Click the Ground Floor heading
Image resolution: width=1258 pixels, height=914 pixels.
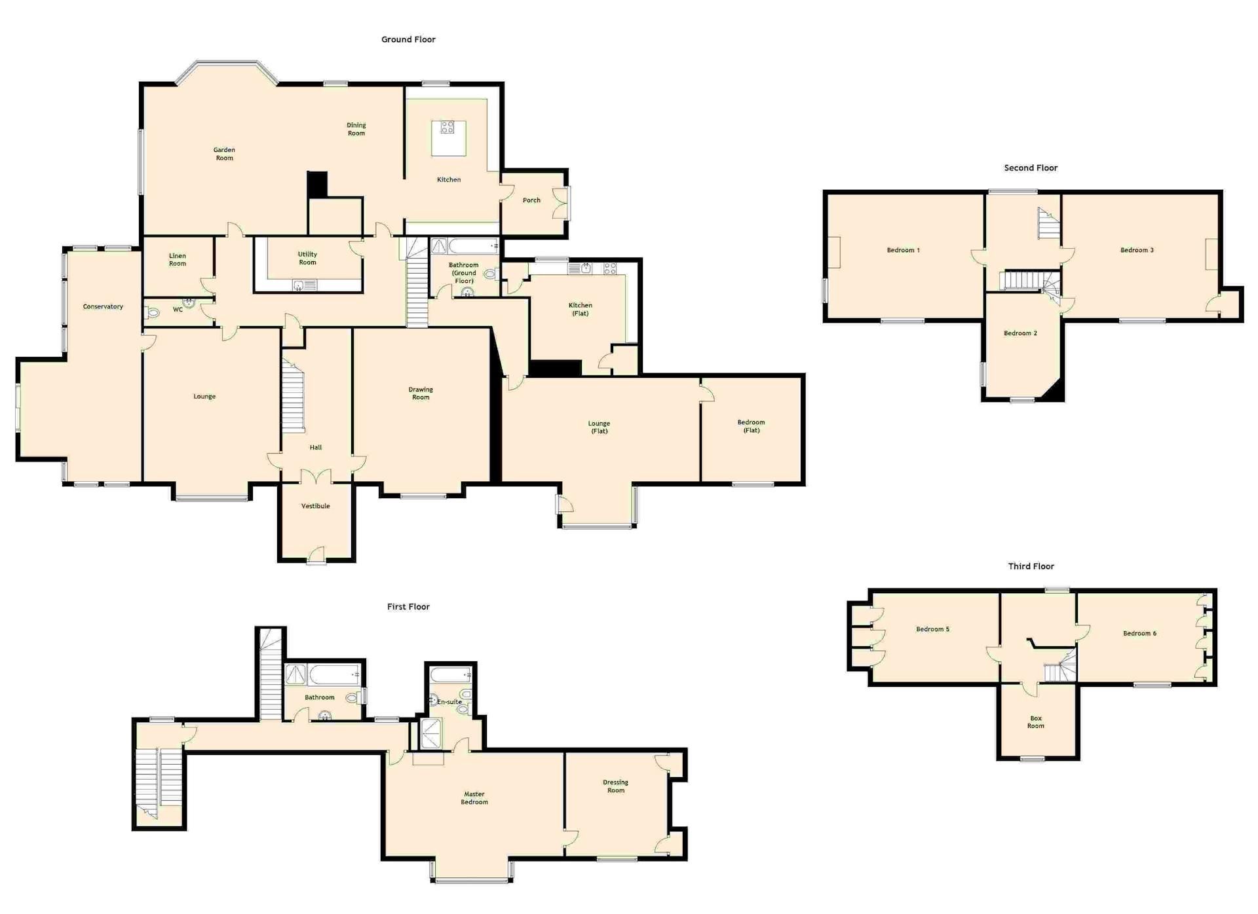(408, 39)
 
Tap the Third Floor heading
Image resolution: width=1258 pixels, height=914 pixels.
(1031, 566)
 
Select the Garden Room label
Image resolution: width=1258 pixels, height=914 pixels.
(224, 154)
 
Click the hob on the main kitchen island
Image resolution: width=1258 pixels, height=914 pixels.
(448, 127)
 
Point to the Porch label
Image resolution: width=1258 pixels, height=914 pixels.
(531, 200)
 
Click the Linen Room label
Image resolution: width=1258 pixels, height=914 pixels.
(178, 260)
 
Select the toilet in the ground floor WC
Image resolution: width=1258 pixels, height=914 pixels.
(153, 313)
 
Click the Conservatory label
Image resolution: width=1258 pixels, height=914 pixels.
(103, 306)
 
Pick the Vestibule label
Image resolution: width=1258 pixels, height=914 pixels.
(315, 506)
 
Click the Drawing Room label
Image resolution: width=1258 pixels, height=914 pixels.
(421, 393)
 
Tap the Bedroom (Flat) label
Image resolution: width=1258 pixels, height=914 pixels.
(751, 426)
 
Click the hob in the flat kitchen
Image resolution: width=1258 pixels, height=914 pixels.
(610, 268)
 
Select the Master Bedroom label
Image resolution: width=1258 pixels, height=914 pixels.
(474, 798)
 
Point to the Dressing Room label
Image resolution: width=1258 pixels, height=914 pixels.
(616, 786)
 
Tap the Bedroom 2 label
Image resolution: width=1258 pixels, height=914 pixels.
(1020, 333)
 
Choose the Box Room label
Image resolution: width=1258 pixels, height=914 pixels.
(1036, 722)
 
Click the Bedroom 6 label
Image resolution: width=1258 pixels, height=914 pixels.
(1139, 633)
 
